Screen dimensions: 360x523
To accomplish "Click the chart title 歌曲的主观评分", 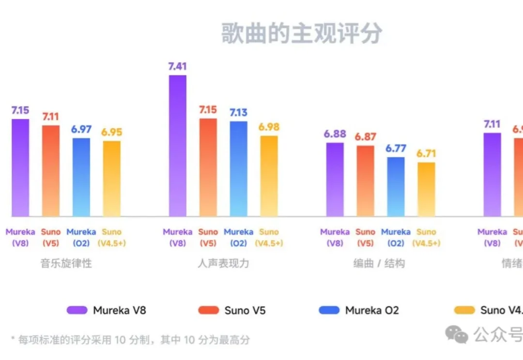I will click(x=302, y=33).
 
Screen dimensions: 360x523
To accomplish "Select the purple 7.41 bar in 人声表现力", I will click(x=177, y=146).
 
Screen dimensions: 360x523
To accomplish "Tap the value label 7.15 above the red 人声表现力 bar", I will click(x=208, y=110).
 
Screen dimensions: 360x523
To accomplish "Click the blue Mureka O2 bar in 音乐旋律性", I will click(x=81, y=177).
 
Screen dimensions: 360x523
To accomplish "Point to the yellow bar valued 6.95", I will click(x=111, y=179).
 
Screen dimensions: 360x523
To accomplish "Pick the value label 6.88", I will click(x=335, y=134).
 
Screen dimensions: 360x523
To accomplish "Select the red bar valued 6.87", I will click(x=365, y=181).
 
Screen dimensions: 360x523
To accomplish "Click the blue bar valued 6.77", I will click(x=396, y=187).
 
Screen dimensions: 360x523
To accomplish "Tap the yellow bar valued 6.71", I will click(x=426, y=189).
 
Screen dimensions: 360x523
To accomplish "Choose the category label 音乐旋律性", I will click(x=66, y=264).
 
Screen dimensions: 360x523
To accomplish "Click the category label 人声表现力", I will click(x=223, y=264).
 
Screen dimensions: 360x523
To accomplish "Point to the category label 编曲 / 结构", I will click(x=379, y=264).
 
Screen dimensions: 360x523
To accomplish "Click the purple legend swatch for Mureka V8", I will click(x=77, y=310).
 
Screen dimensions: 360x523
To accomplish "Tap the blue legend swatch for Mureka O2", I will click(x=329, y=310).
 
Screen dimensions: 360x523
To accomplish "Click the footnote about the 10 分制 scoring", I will click(x=130, y=340).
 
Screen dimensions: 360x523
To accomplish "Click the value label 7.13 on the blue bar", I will click(x=238, y=113).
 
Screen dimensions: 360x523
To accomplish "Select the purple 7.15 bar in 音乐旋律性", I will click(x=20, y=168).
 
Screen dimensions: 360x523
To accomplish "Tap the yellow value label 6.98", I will click(x=269, y=127).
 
